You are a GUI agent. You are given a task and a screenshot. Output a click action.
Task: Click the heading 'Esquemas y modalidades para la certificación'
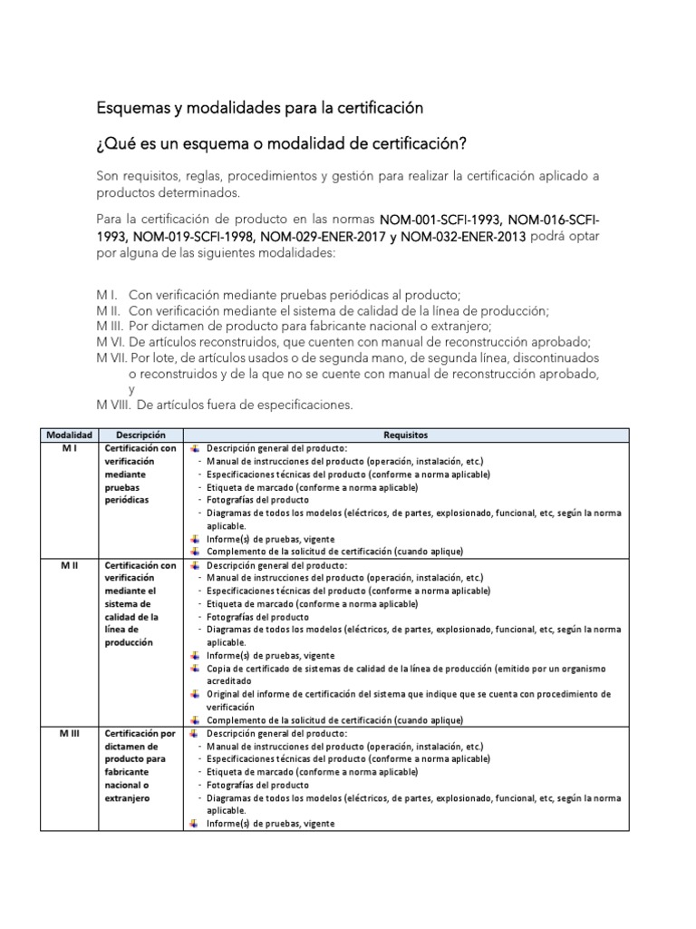260,108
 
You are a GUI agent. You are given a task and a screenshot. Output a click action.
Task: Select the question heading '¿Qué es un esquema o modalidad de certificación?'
282,144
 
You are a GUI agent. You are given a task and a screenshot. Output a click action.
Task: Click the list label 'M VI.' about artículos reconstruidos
111,341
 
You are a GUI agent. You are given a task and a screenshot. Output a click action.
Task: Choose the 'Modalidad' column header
70,435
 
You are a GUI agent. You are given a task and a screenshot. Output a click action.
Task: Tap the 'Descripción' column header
140,435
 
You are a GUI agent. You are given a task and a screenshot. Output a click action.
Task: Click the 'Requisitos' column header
406,435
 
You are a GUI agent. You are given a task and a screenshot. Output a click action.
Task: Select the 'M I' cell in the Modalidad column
70,448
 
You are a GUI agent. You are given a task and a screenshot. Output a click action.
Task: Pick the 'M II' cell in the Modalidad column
70,565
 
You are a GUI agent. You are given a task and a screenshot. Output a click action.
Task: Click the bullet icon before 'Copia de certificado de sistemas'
195,669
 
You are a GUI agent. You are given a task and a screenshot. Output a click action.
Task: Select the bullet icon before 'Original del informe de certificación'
195,694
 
